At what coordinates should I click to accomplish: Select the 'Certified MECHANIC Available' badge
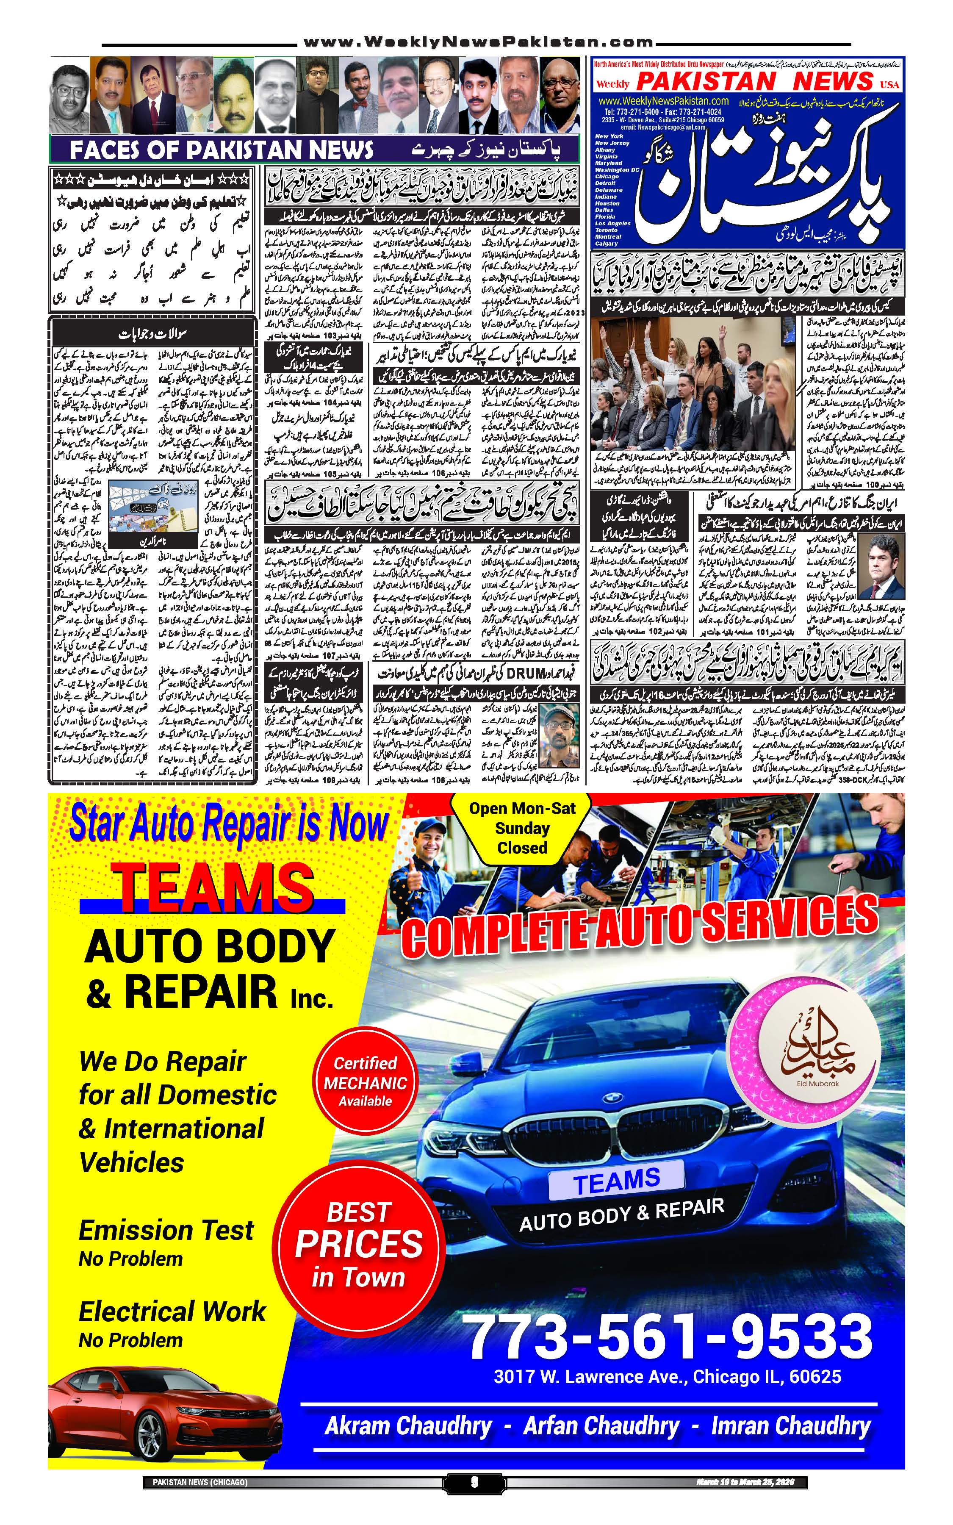(365, 1082)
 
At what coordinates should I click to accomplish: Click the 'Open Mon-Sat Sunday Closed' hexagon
(521, 827)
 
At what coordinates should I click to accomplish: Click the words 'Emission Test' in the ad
(166, 1229)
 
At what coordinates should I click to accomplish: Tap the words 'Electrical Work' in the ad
(172, 1311)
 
